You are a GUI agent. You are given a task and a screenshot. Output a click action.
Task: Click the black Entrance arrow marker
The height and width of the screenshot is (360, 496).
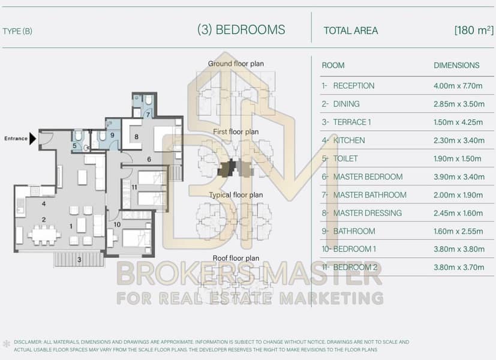[x=32, y=139]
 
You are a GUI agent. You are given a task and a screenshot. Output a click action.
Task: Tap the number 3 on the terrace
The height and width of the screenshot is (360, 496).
[x=79, y=260]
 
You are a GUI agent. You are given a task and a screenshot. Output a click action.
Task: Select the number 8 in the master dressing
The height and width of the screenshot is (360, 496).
[x=136, y=137]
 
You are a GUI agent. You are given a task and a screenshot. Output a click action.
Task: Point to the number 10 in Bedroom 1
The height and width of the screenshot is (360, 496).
[x=117, y=224]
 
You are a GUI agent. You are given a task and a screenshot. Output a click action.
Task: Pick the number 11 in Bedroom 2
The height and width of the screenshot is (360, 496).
[x=134, y=187]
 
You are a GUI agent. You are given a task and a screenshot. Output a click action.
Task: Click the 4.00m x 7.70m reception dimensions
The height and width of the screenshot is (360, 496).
[x=458, y=86]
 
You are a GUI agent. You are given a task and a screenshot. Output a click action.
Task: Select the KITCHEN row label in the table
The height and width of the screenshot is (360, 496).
[x=349, y=140]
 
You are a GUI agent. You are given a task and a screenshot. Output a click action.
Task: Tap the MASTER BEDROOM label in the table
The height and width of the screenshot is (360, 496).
[x=368, y=177]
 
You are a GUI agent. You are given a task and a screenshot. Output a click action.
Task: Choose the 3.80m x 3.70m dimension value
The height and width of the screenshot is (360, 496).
[x=459, y=268]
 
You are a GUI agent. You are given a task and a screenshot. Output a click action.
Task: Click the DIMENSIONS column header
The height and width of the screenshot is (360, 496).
[x=456, y=65]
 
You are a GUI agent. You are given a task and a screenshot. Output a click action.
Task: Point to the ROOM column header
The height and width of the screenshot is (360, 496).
[x=333, y=65]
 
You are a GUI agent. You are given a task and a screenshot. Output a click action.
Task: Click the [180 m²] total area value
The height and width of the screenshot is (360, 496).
[x=474, y=31]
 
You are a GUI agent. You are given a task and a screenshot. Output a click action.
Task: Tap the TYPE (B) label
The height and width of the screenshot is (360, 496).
[x=17, y=31]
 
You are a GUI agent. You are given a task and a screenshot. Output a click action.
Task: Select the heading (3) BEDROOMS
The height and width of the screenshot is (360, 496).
[x=241, y=30]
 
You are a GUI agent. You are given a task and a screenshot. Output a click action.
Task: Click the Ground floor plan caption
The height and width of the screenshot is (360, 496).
[x=236, y=64]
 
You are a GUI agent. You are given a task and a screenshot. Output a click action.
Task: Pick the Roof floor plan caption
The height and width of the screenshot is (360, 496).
[x=236, y=258]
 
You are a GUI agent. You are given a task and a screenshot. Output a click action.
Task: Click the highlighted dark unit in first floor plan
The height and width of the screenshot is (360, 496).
[x=227, y=168]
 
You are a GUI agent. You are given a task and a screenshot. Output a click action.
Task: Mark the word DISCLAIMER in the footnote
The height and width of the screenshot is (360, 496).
[x=28, y=342]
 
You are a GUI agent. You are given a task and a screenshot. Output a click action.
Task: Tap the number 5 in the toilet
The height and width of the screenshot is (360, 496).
[x=74, y=146]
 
